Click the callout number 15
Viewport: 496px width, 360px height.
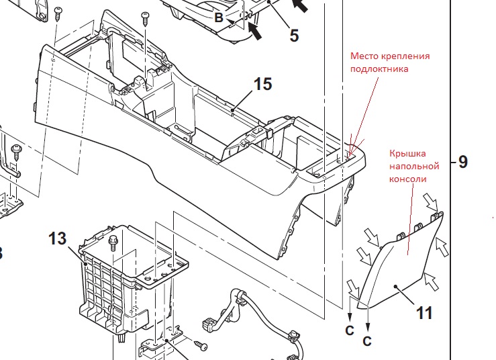click(x=262, y=84)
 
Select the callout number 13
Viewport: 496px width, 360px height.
click(x=58, y=238)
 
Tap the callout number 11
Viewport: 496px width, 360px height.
click(x=424, y=313)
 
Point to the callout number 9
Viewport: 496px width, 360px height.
click(x=462, y=162)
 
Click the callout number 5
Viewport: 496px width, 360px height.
click(x=294, y=36)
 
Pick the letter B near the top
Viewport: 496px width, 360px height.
click(x=219, y=17)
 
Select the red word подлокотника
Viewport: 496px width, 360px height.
click(x=379, y=69)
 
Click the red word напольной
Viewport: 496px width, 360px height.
click(x=414, y=166)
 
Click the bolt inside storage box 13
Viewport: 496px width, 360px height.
click(x=113, y=243)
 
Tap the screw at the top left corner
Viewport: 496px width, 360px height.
click(x=58, y=13)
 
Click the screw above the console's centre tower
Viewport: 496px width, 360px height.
click(x=146, y=19)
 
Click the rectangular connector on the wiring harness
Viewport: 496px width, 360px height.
click(x=209, y=323)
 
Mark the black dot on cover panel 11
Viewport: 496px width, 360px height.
click(x=395, y=286)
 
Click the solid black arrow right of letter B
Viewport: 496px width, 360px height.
click(x=255, y=31)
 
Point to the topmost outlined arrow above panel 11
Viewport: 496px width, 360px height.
click(x=431, y=202)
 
